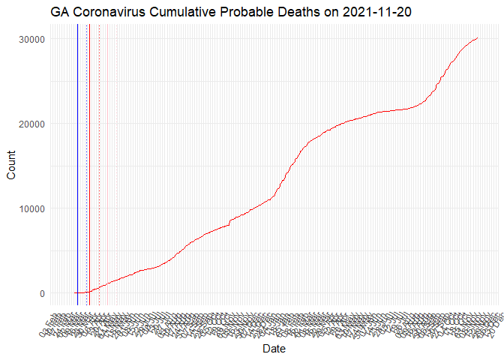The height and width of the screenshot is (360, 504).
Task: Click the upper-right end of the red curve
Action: coord(478,37)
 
